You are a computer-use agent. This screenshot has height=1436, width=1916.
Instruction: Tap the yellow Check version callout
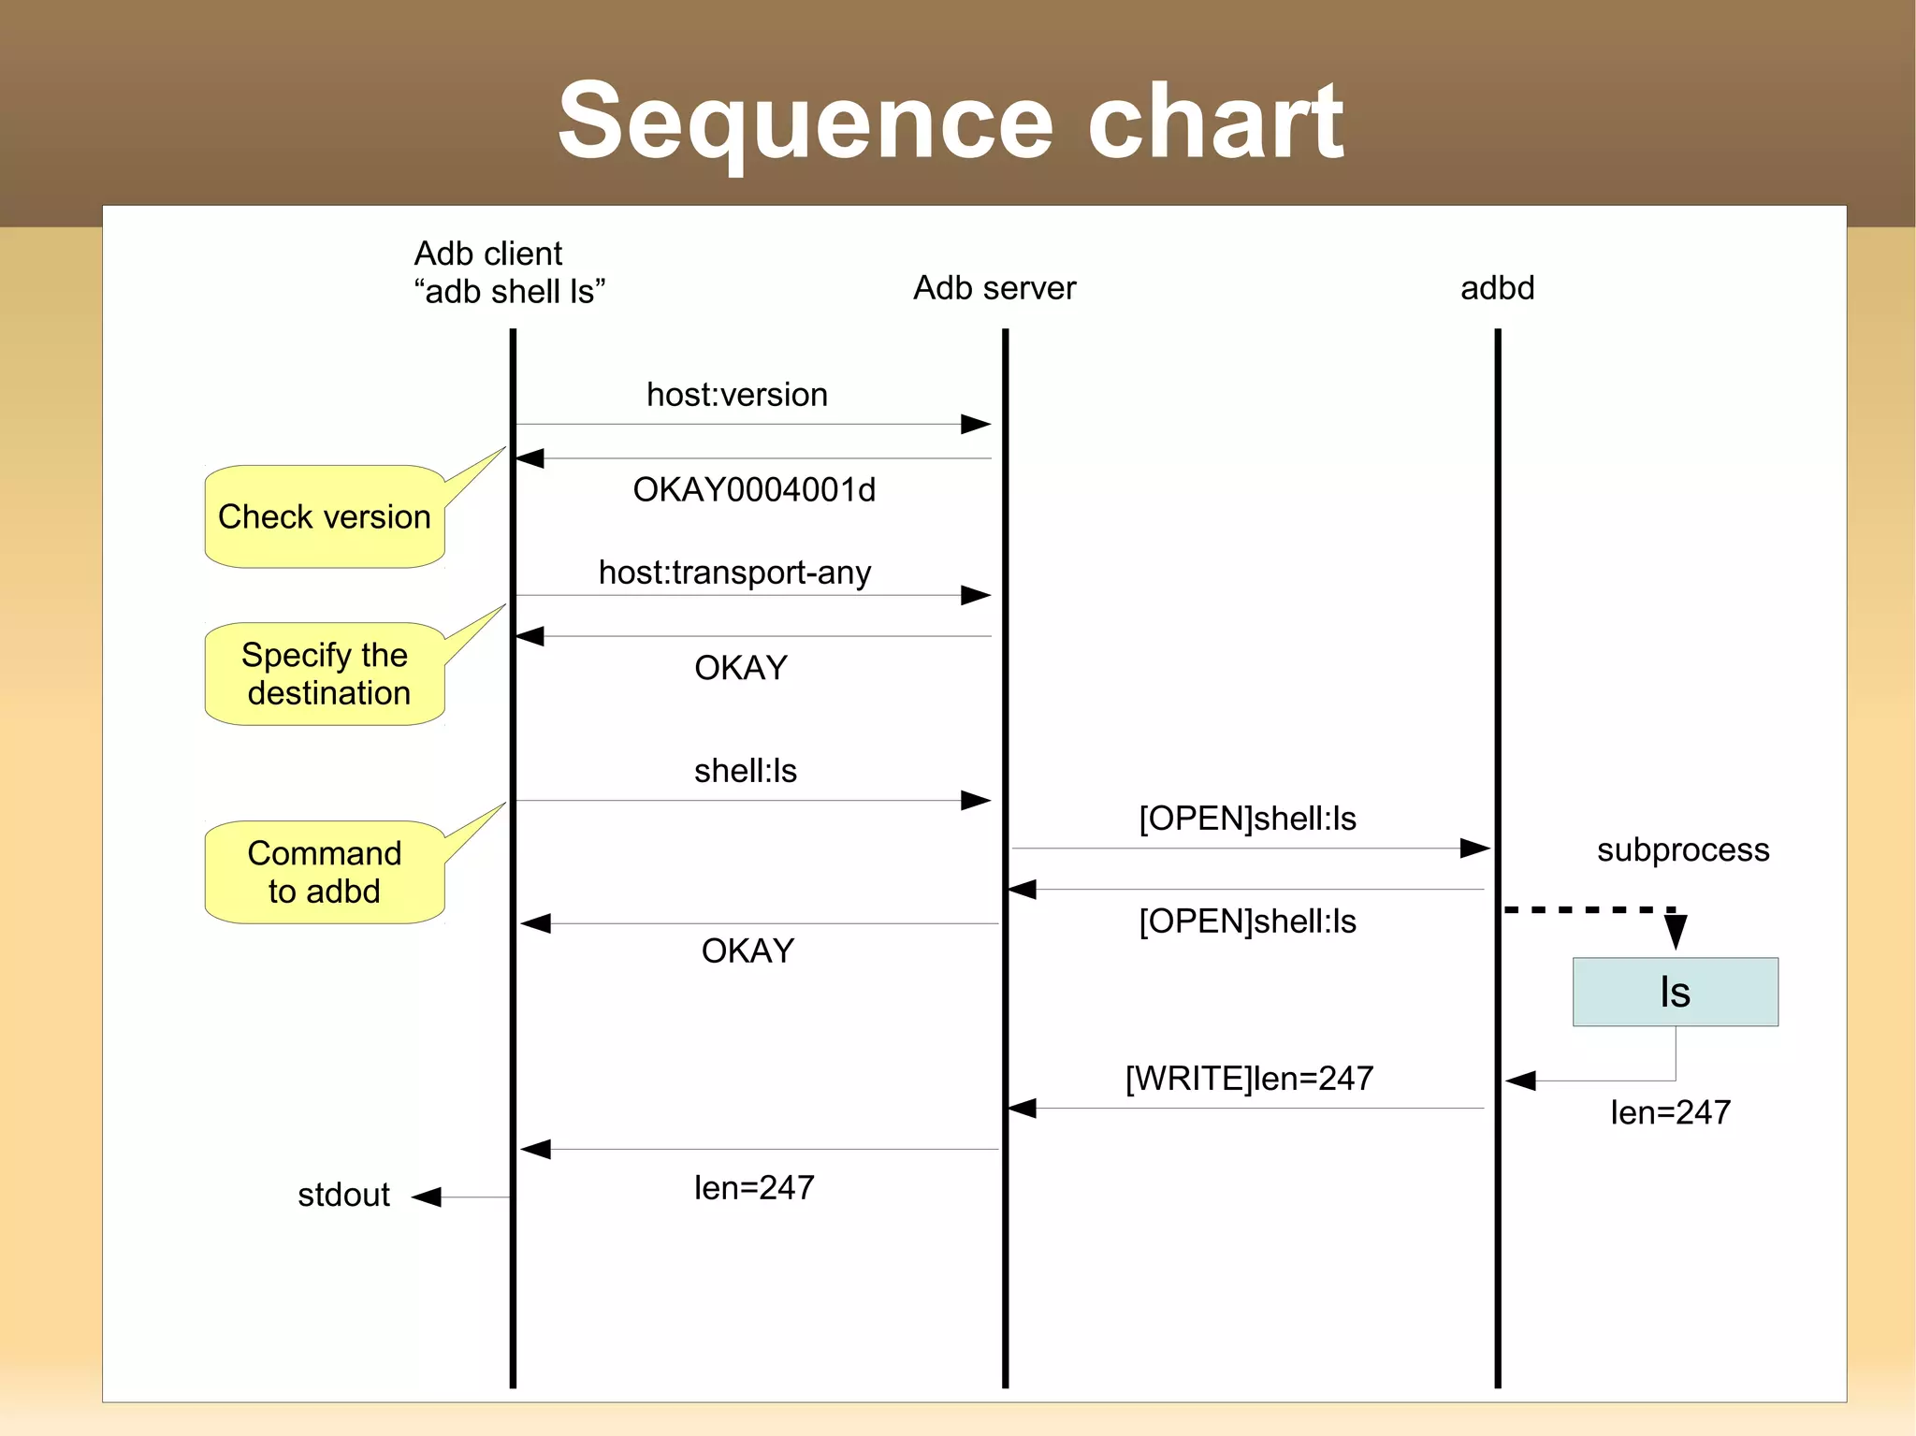pyautogui.click(x=324, y=516)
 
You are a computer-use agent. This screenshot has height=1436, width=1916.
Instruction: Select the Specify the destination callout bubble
pyautogui.click(x=324, y=674)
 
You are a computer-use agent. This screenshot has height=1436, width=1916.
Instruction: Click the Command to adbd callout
pyautogui.click(x=324, y=872)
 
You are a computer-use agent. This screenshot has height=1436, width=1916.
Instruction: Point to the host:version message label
pyautogui.click(x=737, y=395)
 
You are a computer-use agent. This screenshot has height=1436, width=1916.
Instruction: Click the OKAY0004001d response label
pyautogui.click(x=754, y=490)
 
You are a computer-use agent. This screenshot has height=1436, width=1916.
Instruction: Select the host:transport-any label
pyautogui.click(x=734, y=573)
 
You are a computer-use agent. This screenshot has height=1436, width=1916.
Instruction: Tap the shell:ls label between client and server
pyautogui.click(x=745, y=771)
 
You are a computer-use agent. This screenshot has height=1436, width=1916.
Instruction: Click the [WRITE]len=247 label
pyautogui.click(x=1249, y=1079)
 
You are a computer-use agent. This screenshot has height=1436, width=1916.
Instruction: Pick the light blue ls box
pyautogui.click(x=1675, y=992)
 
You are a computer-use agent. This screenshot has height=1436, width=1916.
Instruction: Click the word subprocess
pyautogui.click(x=1682, y=849)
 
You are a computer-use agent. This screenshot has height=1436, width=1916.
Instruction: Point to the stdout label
pyautogui.click(x=343, y=1195)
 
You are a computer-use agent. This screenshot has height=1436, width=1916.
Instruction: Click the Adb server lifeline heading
pyautogui.click(x=994, y=288)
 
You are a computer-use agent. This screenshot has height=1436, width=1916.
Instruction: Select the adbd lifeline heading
pyautogui.click(x=1497, y=288)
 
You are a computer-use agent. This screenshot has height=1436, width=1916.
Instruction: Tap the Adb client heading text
pyautogui.click(x=488, y=254)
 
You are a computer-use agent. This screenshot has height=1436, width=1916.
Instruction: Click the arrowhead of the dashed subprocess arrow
pyautogui.click(x=1676, y=932)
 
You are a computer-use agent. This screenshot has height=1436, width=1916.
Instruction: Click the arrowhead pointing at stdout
pyautogui.click(x=427, y=1197)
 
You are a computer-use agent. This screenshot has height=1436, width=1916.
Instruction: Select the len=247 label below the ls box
pyautogui.click(x=1670, y=1112)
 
